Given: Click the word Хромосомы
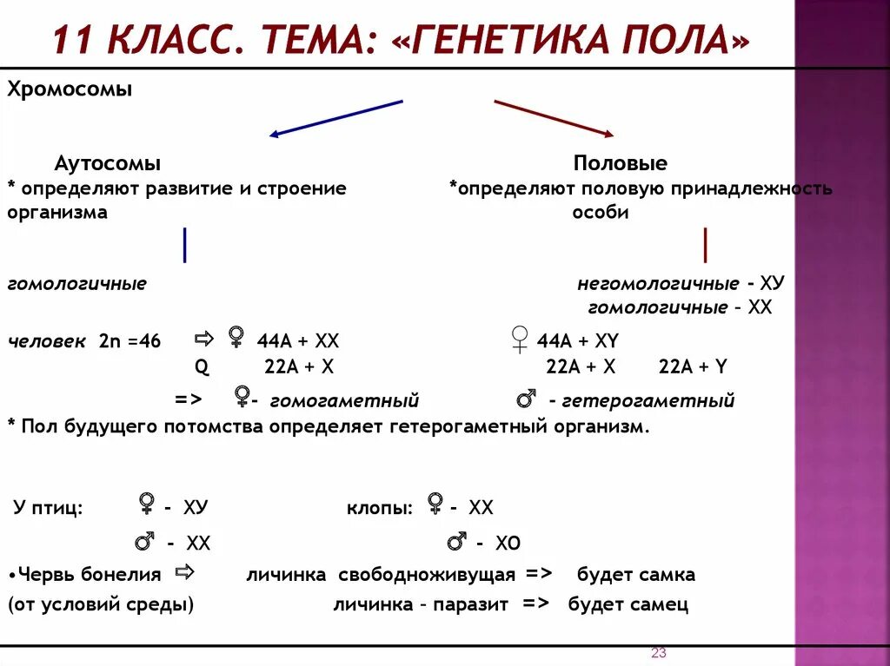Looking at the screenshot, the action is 70,89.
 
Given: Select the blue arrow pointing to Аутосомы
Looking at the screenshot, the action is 335,118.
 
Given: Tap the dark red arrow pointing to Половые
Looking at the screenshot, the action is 554,118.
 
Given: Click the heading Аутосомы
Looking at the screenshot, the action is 108,163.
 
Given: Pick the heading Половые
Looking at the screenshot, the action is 620,163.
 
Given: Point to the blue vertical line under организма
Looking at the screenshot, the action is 185,245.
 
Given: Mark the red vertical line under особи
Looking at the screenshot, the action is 705,245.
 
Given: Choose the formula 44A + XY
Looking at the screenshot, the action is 577,341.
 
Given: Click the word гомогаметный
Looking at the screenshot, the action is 344,401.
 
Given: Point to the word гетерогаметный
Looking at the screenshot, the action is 648,401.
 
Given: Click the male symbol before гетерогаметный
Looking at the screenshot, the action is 526,399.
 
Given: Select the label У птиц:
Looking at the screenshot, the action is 49,509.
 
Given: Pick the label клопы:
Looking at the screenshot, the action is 380,509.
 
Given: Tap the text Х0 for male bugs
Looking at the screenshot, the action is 508,544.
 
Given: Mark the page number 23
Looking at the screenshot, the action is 658,653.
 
